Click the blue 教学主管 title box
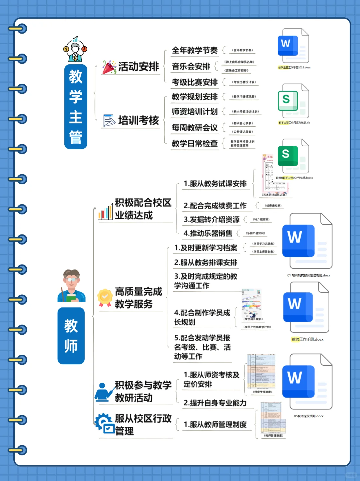coord(76,107)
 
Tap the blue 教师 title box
coord(71,336)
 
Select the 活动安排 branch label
coord(138,67)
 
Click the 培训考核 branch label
coord(138,120)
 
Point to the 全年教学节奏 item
coord(195,50)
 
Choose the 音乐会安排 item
coord(191,66)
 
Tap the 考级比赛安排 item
coord(195,82)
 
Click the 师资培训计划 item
coord(195,112)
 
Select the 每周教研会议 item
coord(195,127)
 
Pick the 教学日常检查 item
coord(195,143)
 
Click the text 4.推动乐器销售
coord(208,233)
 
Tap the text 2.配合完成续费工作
coord(215,206)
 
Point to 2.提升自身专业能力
coord(215,403)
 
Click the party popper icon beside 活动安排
coord(109,67)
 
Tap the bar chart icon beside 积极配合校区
coord(105,212)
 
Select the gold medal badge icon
coord(105,297)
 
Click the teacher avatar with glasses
coord(71,286)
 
